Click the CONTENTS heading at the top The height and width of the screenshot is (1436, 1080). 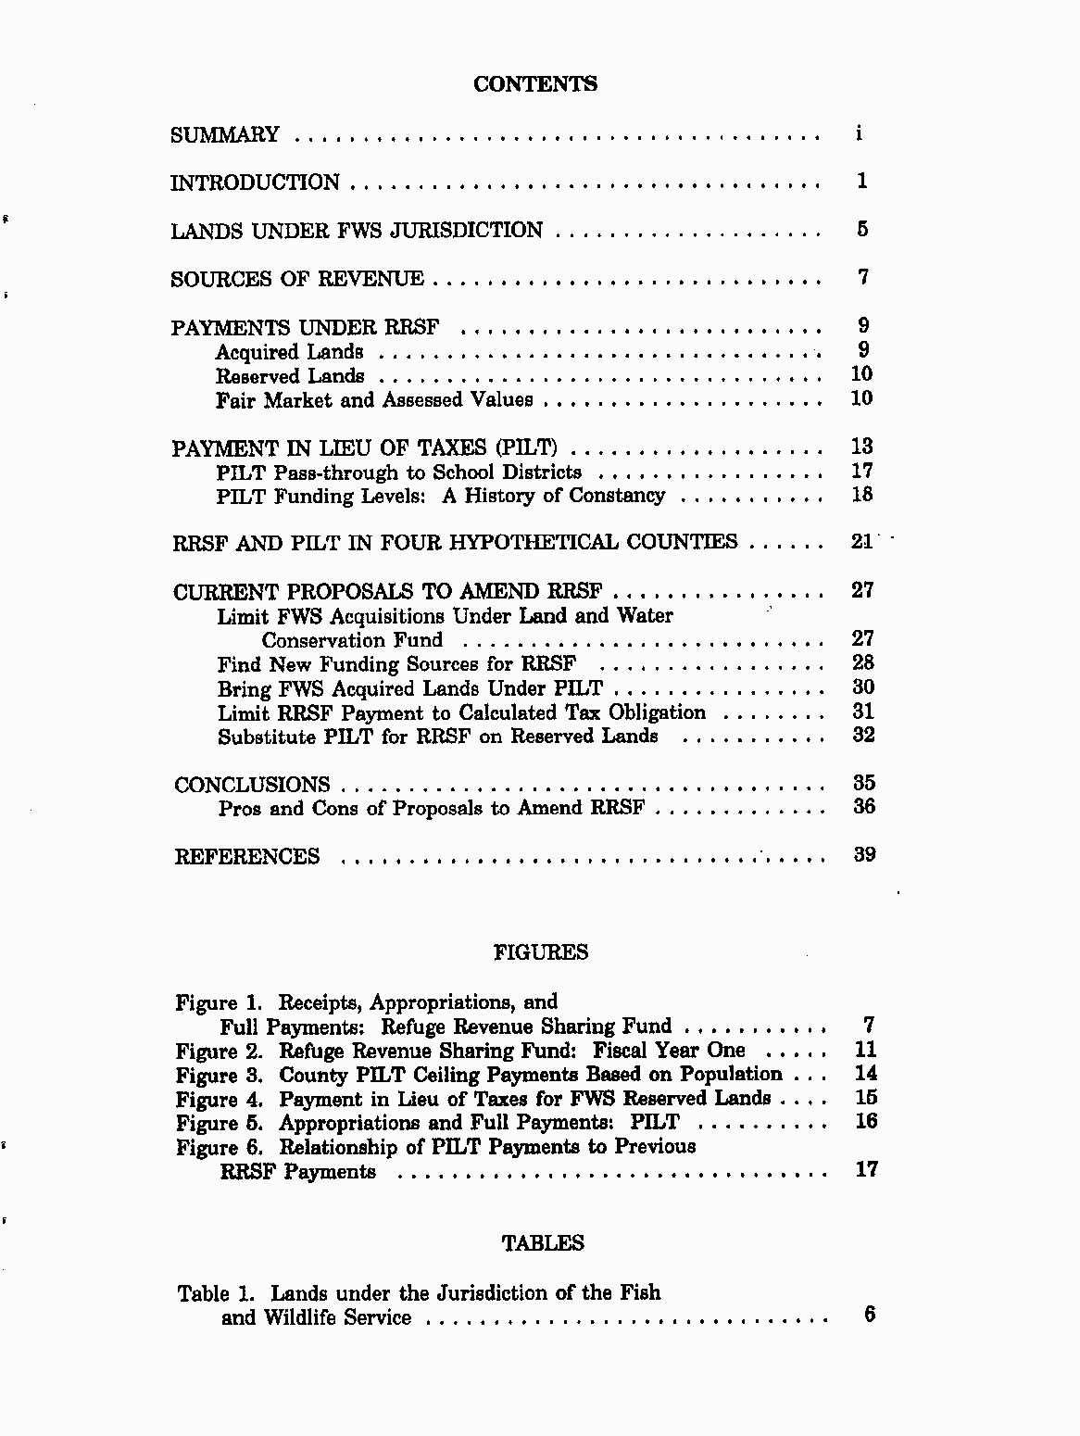click(x=535, y=84)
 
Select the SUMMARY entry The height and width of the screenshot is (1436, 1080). click(x=225, y=135)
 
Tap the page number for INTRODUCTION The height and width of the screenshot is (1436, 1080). click(x=862, y=181)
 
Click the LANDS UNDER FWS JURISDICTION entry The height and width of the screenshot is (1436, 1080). click(x=357, y=231)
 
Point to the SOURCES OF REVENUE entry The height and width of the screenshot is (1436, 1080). click(x=297, y=279)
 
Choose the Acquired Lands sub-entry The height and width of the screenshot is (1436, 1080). click(x=289, y=352)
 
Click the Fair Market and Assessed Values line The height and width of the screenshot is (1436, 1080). click(x=374, y=400)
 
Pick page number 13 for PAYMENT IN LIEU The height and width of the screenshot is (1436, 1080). click(x=862, y=447)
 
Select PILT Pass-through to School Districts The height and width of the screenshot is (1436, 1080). click(x=399, y=472)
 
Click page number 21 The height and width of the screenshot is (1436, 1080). click(x=862, y=542)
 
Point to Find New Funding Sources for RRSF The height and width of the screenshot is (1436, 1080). click(x=396, y=664)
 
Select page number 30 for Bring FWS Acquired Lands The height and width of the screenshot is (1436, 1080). click(x=863, y=687)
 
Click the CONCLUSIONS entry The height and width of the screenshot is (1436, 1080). click(x=252, y=785)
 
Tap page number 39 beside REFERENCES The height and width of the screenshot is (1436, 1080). click(x=864, y=854)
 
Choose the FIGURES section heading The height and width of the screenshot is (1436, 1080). click(x=541, y=952)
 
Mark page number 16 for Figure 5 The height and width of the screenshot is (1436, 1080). click(x=866, y=1121)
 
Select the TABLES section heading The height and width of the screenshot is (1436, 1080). click(x=543, y=1243)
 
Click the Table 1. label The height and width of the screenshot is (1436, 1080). click(x=220, y=1293)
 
